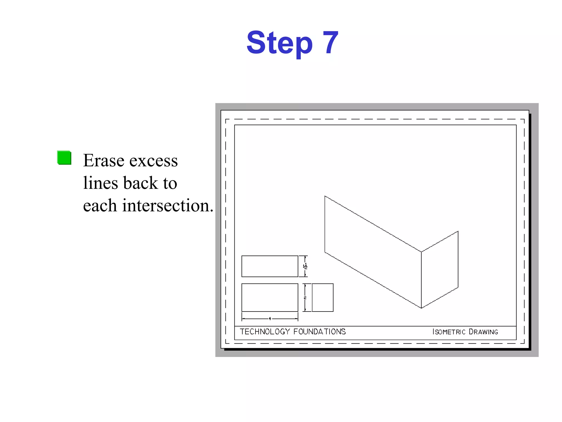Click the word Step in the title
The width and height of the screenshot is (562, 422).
point(279,43)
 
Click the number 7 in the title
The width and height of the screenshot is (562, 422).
point(330,42)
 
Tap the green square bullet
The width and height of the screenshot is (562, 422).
point(64,158)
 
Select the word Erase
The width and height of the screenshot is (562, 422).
point(104,160)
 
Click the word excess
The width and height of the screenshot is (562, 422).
point(153,161)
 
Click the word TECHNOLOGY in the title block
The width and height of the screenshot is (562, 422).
point(265,332)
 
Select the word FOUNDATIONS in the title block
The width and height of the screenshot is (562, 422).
point(319,332)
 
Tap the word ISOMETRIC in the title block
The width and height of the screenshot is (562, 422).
point(449,332)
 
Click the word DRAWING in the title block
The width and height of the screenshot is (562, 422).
point(483,332)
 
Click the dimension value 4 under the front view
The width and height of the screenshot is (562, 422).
point(270,319)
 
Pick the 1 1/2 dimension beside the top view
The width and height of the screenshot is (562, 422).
point(305,266)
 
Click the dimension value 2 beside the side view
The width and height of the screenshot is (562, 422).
point(305,298)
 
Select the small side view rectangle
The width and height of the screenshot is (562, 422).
point(323,298)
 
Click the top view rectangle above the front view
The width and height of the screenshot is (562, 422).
point(270,266)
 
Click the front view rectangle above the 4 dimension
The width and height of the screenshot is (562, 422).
point(270,298)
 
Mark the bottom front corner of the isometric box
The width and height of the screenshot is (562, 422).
point(421,308)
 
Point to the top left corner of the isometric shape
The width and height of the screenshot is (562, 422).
point(325,196)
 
